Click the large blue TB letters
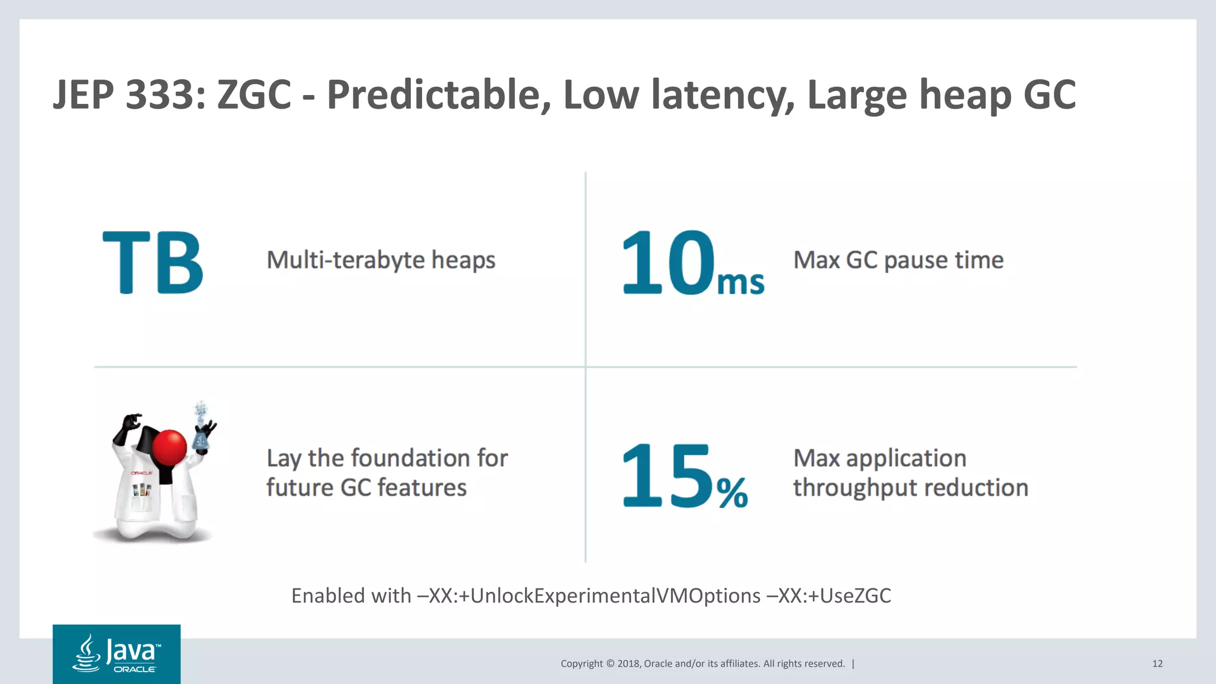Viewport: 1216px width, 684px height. coord(153,262)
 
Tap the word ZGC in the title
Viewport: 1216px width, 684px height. coord(254,95)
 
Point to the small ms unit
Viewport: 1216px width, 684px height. coord(740,283)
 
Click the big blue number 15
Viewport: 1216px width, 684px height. coord(666,475)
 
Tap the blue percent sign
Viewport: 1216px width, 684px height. coord(731,493)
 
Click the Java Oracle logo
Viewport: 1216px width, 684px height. coord(116,654)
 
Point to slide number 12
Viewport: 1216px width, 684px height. coord(1157,664)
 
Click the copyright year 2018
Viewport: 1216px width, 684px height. coord(628,664)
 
